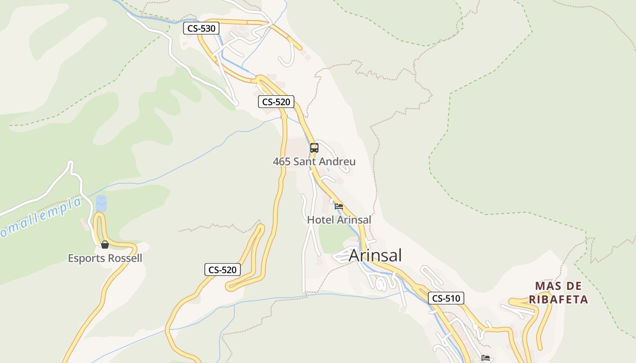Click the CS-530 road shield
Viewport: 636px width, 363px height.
(201, 29)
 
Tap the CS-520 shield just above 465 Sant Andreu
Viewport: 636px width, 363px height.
(276, 102)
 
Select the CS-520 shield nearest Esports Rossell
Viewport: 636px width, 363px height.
(222, 270)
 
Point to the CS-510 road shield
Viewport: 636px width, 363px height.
(446, 298)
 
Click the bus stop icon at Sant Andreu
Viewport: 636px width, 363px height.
(314, 147)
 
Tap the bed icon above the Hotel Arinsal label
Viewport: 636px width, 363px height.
(339, 206)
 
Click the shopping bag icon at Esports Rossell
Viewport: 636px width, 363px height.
(105, 245)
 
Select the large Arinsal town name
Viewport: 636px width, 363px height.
(375, 255)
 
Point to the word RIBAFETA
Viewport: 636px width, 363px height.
(558, 299)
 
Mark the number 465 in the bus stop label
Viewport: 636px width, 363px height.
(282, 162)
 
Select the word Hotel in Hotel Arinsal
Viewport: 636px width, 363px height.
(320, 220)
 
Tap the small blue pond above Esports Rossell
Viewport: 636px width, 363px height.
(101, 203)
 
